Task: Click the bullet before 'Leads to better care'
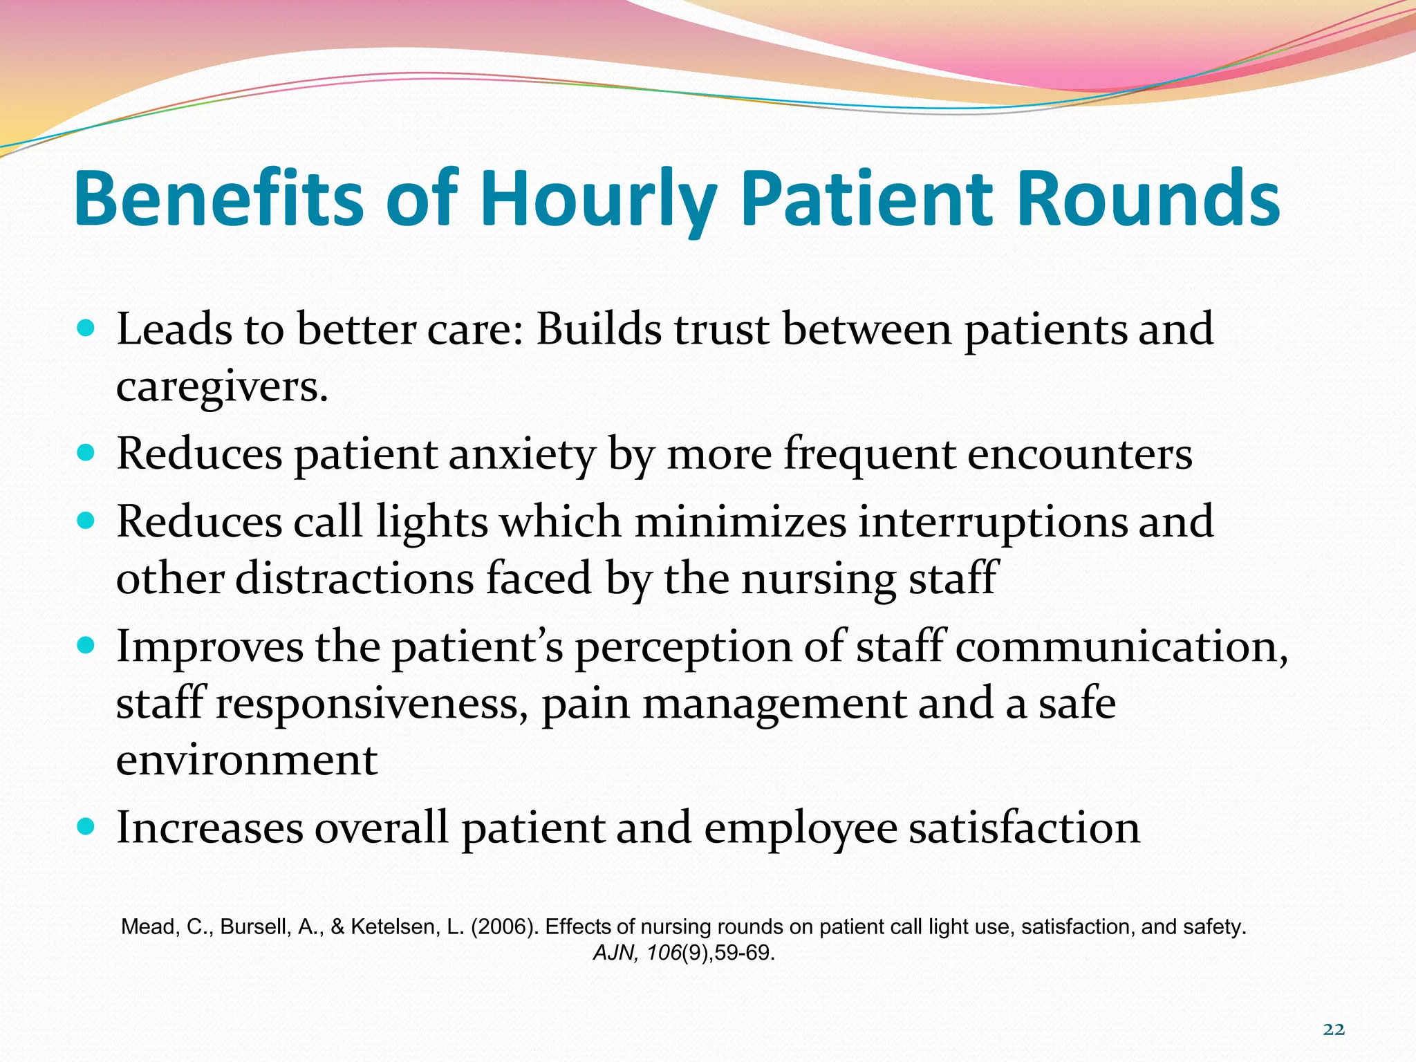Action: click(86, 328)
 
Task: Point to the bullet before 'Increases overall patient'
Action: click(86, 826)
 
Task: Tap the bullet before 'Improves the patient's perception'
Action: click(86, 646)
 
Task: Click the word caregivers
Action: click(221, 387)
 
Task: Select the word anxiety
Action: click(522, 455)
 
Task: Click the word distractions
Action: click(354, 578)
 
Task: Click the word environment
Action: click(247, 761)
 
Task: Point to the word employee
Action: click(800, 828)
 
